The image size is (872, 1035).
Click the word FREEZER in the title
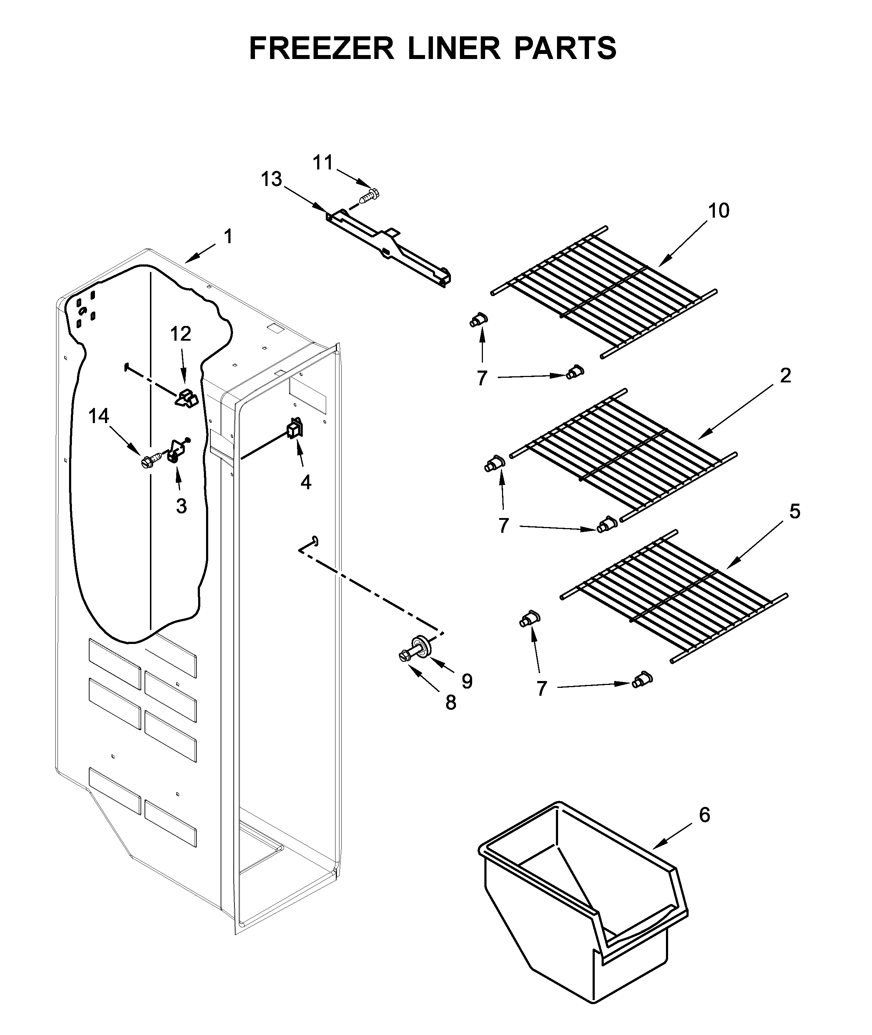[x=321, y=49]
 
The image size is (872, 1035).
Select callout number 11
[x=323, y=162]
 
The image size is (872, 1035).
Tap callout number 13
[x=271, y=179]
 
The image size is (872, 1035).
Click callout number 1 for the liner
[x=228, y=236]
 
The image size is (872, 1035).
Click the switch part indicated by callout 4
[x=295, y=428]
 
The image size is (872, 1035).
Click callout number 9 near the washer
[x=467, y=681]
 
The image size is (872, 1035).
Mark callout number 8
[x=450, y=702]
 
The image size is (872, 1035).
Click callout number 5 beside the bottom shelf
[x=794, y=511]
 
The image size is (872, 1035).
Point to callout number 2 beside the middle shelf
[x=785, y=376]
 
